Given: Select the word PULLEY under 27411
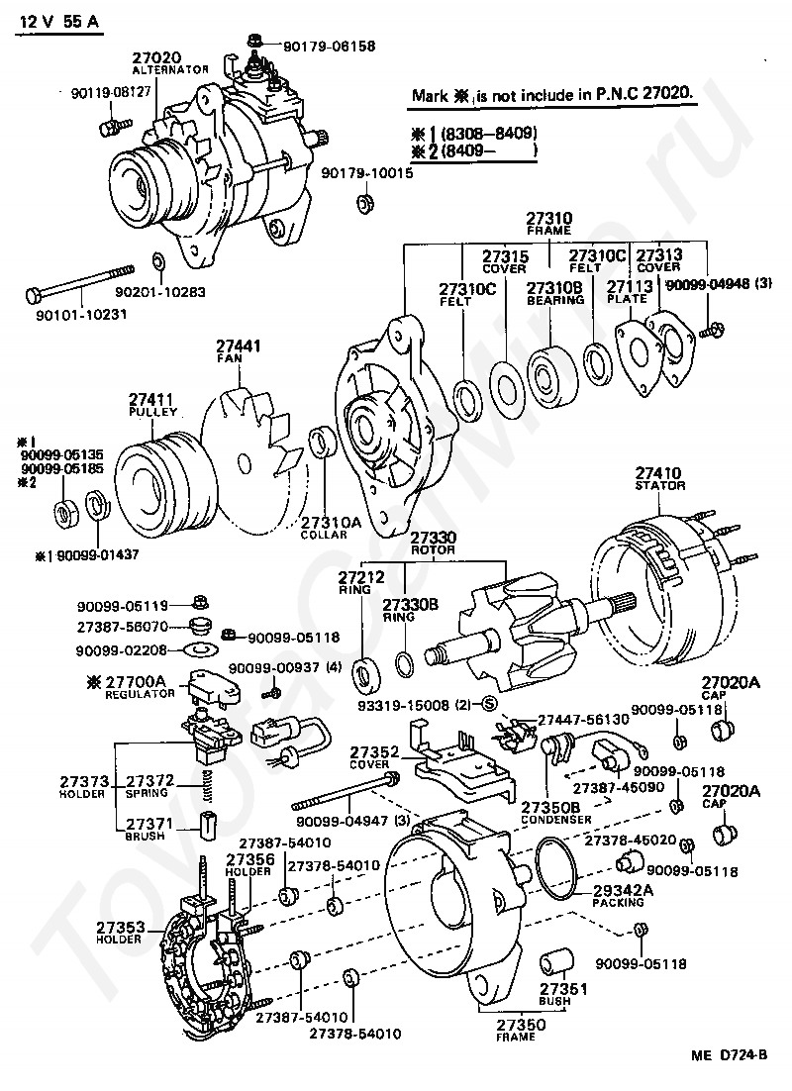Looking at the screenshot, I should (152, 411).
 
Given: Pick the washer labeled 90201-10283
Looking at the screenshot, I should (158, 261).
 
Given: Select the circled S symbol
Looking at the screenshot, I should (488, 704).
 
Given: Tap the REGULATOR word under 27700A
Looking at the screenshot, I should (135, 695).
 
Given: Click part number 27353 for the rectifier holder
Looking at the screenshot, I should (121, 928).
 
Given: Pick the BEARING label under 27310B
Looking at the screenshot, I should (554, 300).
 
